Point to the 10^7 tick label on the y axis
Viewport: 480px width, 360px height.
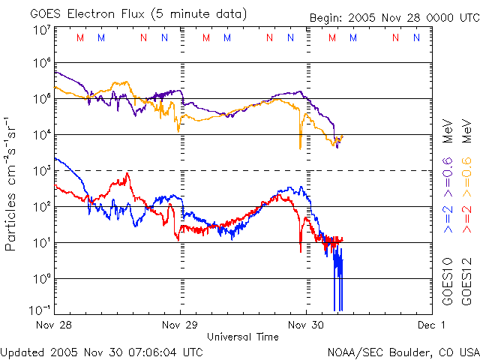[42, 30]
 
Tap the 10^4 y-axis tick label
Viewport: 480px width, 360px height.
[42, 135]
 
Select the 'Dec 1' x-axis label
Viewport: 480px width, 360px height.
[431, 325]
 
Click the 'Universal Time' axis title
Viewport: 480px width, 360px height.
[243, 337]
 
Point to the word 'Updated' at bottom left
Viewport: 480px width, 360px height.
[22, 351]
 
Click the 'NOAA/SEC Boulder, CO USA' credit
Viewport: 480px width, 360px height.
[403, 351]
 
